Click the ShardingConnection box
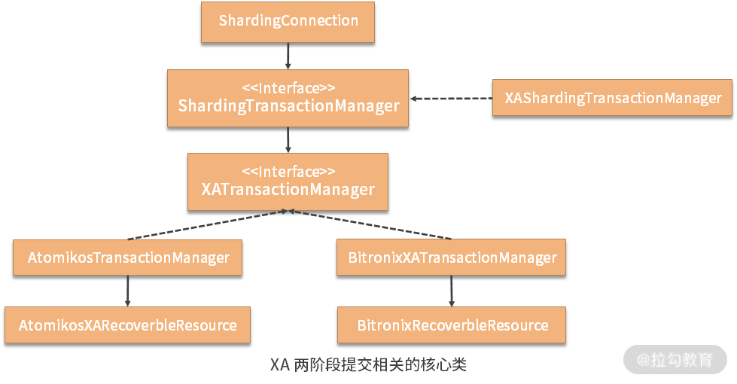[288, 21]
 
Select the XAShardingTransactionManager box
[612, 98]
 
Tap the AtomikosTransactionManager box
[128, 258]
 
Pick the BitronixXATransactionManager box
[452, 258]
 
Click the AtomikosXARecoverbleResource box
[127, 325]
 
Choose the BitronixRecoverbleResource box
[452, 325]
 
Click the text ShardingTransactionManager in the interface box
[288, 106]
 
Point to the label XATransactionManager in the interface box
[288, 189]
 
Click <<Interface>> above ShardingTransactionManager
[288, 87]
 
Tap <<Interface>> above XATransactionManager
[288, 171]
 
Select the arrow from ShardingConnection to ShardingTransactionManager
[288, 56]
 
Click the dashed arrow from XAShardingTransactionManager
[450, 98]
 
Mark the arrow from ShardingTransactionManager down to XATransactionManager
[288, 139]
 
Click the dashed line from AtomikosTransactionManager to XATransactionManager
[207, 225]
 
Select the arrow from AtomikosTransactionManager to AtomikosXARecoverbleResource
[127, 291]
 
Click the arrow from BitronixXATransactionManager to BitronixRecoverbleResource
[452, 291]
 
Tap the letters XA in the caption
[280, 365]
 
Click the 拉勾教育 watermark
[675, 360]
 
